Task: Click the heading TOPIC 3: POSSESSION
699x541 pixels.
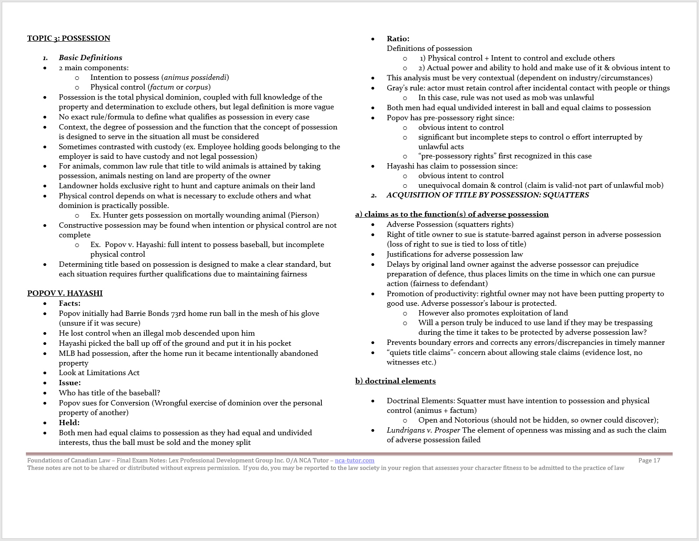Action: coord(68,38)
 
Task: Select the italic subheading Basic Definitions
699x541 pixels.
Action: coord(90,57)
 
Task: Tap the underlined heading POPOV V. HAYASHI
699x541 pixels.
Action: coord(65,293)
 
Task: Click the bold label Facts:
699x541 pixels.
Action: coord(69,303)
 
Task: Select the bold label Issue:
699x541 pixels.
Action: coord(69,383)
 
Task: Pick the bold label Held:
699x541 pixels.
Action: coord(69,423)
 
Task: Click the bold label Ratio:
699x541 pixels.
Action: coord(398,39)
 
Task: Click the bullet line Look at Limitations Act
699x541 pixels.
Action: coord(99,373)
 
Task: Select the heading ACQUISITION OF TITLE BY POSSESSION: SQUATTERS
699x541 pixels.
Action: coord(487,195)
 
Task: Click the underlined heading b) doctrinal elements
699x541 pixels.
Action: coord(395,381)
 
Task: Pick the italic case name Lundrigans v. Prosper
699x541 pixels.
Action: coord(423,430)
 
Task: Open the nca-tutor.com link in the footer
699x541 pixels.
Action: coord(354,460)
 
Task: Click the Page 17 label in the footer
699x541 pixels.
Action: coord(649,460)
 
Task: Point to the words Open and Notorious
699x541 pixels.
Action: coord(454,420)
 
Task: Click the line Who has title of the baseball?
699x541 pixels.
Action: coord(109,393)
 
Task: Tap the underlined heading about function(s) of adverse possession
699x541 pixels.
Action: coord(452,214)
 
